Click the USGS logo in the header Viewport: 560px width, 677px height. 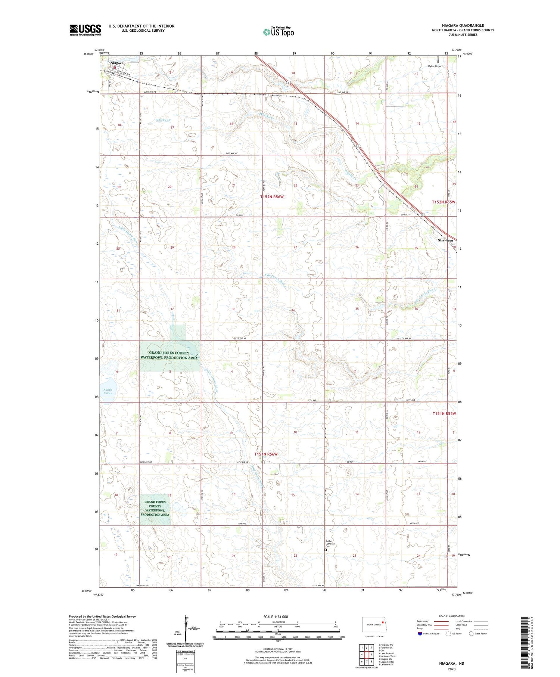coord(85,30)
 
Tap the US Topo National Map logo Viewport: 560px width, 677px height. coord(279,32)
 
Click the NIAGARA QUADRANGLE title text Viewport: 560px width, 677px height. coord(463,25)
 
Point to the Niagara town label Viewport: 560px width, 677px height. coord(117,63)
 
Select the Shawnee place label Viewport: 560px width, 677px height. coord(446,240)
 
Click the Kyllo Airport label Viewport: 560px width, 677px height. coord(435,66)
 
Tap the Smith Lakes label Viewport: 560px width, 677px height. coord(108,391)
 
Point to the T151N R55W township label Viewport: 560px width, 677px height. coord(444,413)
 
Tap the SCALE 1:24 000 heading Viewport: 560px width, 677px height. coord(278,617)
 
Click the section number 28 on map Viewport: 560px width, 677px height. coord(234,248)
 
